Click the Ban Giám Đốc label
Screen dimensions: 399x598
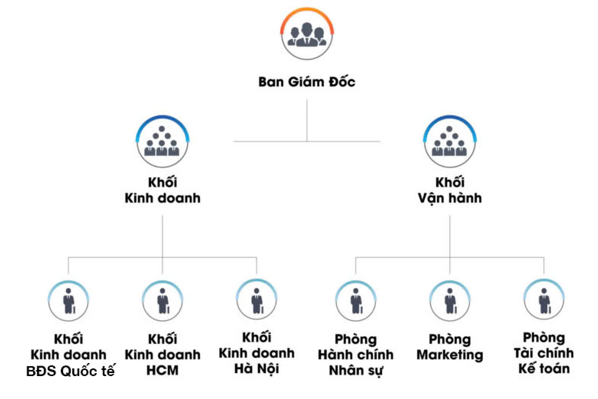[x=307, y=82]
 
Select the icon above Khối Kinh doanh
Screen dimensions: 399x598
[x=162, y=142]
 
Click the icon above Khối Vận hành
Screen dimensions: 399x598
[x=450, y=142]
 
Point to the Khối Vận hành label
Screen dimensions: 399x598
[x=450, y=190]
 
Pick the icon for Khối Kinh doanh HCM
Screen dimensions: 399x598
[x=162, y=301]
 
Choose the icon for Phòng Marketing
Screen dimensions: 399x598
[x=450, y=301]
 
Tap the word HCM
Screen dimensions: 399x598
[x=162, y=370]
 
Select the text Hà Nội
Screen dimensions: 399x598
[x=257, y=369]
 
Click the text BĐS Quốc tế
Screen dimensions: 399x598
[x=70, y=371]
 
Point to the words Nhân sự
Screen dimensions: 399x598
[x=356, y=370]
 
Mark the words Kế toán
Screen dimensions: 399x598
[x=544, y=369]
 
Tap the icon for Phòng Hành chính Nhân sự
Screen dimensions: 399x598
[x=356, y=301]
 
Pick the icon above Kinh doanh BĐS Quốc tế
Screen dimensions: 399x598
[x=68, y=301]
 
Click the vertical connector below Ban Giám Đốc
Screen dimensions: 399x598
[x=307, y=120]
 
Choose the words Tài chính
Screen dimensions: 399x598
[x=544, y=353]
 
